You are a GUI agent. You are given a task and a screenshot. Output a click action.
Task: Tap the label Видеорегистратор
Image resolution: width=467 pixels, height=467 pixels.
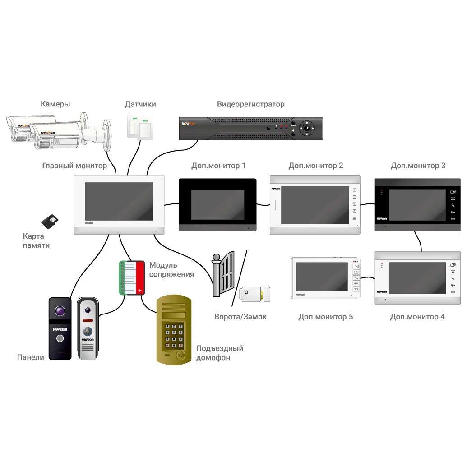pos(250,104)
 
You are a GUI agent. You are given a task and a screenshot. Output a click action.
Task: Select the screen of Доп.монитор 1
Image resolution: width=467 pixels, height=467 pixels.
pos(217,204)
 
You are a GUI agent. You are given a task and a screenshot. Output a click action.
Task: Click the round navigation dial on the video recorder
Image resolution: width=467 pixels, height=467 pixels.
pos(307,128)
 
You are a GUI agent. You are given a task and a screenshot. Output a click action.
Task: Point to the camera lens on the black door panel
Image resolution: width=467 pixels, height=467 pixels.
pos(60,311)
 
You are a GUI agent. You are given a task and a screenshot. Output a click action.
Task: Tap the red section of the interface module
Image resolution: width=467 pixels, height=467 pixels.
pos(140,277)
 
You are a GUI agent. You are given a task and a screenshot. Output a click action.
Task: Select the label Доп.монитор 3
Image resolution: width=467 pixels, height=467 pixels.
pos(418,166)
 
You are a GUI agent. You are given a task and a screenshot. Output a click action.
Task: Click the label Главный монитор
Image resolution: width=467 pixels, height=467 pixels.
pos(74,166)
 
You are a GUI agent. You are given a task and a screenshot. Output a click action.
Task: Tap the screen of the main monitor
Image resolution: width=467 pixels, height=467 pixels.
pos(119,201)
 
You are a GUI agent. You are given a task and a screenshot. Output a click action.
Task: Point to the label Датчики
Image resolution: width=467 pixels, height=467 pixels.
pos(140,104)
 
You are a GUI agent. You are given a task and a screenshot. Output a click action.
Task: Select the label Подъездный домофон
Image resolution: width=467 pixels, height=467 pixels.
pos(219,353)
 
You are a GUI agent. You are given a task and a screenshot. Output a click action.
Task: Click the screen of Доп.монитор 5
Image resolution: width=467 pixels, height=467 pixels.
pos(322,277)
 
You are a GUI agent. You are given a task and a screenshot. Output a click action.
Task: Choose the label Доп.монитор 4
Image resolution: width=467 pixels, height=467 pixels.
pos(417,317)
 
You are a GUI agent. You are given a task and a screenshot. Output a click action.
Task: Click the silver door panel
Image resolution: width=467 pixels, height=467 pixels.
pos(88,328)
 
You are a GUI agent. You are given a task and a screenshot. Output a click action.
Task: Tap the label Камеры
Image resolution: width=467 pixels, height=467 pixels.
pos(55,104)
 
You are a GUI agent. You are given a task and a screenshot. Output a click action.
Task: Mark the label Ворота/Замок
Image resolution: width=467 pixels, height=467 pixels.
pos(240,317)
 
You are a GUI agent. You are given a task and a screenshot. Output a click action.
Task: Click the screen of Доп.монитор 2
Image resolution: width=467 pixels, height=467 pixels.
pos(314,205)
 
